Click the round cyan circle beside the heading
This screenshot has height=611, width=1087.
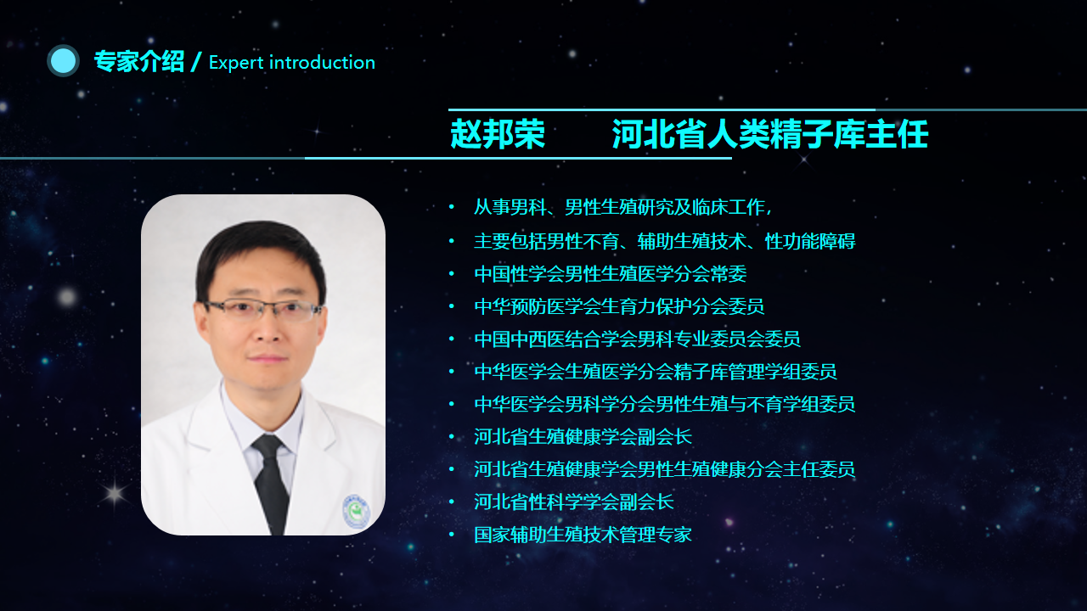pos(63,61)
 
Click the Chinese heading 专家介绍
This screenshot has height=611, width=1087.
pos(139,62)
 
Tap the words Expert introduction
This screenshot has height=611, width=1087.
pos(292,63)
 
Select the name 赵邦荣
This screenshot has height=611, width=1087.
pos(498,134)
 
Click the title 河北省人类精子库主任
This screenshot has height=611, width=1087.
pos(770,134)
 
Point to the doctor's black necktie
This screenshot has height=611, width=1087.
pos(271,484)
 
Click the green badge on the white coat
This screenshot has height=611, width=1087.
pos(357,512)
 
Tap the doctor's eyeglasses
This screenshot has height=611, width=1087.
pos(262,311)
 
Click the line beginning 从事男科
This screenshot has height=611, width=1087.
pos(623,208)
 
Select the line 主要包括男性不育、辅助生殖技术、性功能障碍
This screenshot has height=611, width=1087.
pos(665,241)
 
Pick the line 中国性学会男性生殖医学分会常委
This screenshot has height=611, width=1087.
pos(611,274)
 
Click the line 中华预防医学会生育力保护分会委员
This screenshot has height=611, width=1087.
pos(619,306)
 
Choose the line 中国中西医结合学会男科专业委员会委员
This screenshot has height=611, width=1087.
pos(637,339)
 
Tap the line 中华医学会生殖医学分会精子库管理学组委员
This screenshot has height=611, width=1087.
pos(656,372)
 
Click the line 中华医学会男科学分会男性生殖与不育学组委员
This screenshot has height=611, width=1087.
pos(665,404)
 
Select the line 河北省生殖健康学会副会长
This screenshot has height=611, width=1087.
pos(583,437)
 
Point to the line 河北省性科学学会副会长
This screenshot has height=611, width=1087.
pos(574,502)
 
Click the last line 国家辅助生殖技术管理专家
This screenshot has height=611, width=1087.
pos(583,535)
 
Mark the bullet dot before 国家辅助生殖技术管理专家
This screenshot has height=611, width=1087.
pos(452,535)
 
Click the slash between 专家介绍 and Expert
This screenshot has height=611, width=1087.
pos(196,62)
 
